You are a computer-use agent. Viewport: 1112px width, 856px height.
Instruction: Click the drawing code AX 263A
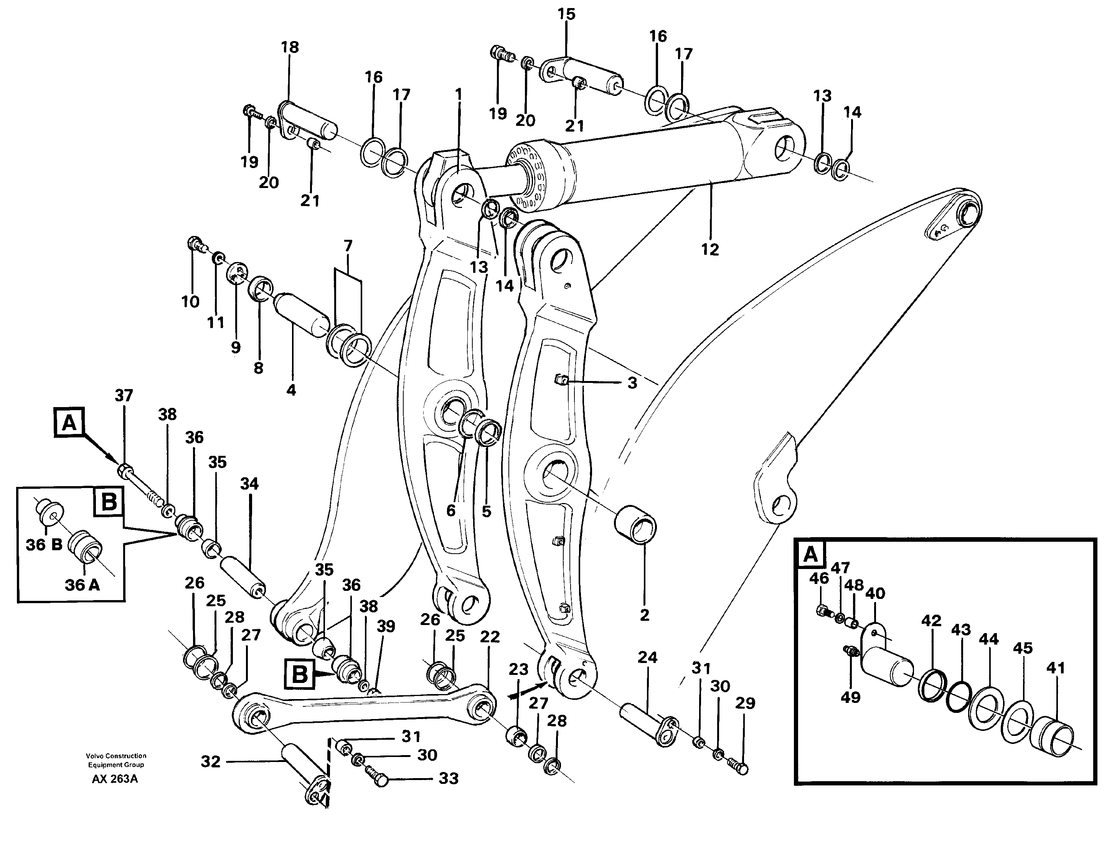pyautogui.click(x=115, y=779)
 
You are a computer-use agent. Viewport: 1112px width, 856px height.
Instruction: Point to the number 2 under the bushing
pyautogui.click(x=645, y=615)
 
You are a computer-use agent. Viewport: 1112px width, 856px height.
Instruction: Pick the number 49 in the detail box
pyautogui.click(x=850, y=697)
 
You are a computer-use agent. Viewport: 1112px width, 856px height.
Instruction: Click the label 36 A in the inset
pyautogui.click(x=82, y=585)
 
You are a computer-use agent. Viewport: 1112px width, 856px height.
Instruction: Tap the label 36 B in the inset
pyautogui.click(x=44, y=545)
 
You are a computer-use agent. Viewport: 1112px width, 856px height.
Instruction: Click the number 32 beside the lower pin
pyautogui.click(x=210, y=762)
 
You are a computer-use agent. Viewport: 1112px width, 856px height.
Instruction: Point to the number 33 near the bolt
pyautogui.click(x=448, y=778)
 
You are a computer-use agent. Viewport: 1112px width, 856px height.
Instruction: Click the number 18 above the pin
pyautogui.click(x=290, y=47)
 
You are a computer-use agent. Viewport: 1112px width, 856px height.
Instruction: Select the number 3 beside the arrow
pyautogui.click(x=632, y=383)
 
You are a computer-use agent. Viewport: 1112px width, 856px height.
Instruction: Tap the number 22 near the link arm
pyautogui.click(x=490, y=637)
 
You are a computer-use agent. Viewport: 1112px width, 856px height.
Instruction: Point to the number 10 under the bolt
pyautogui.click(x=190, y=302)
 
